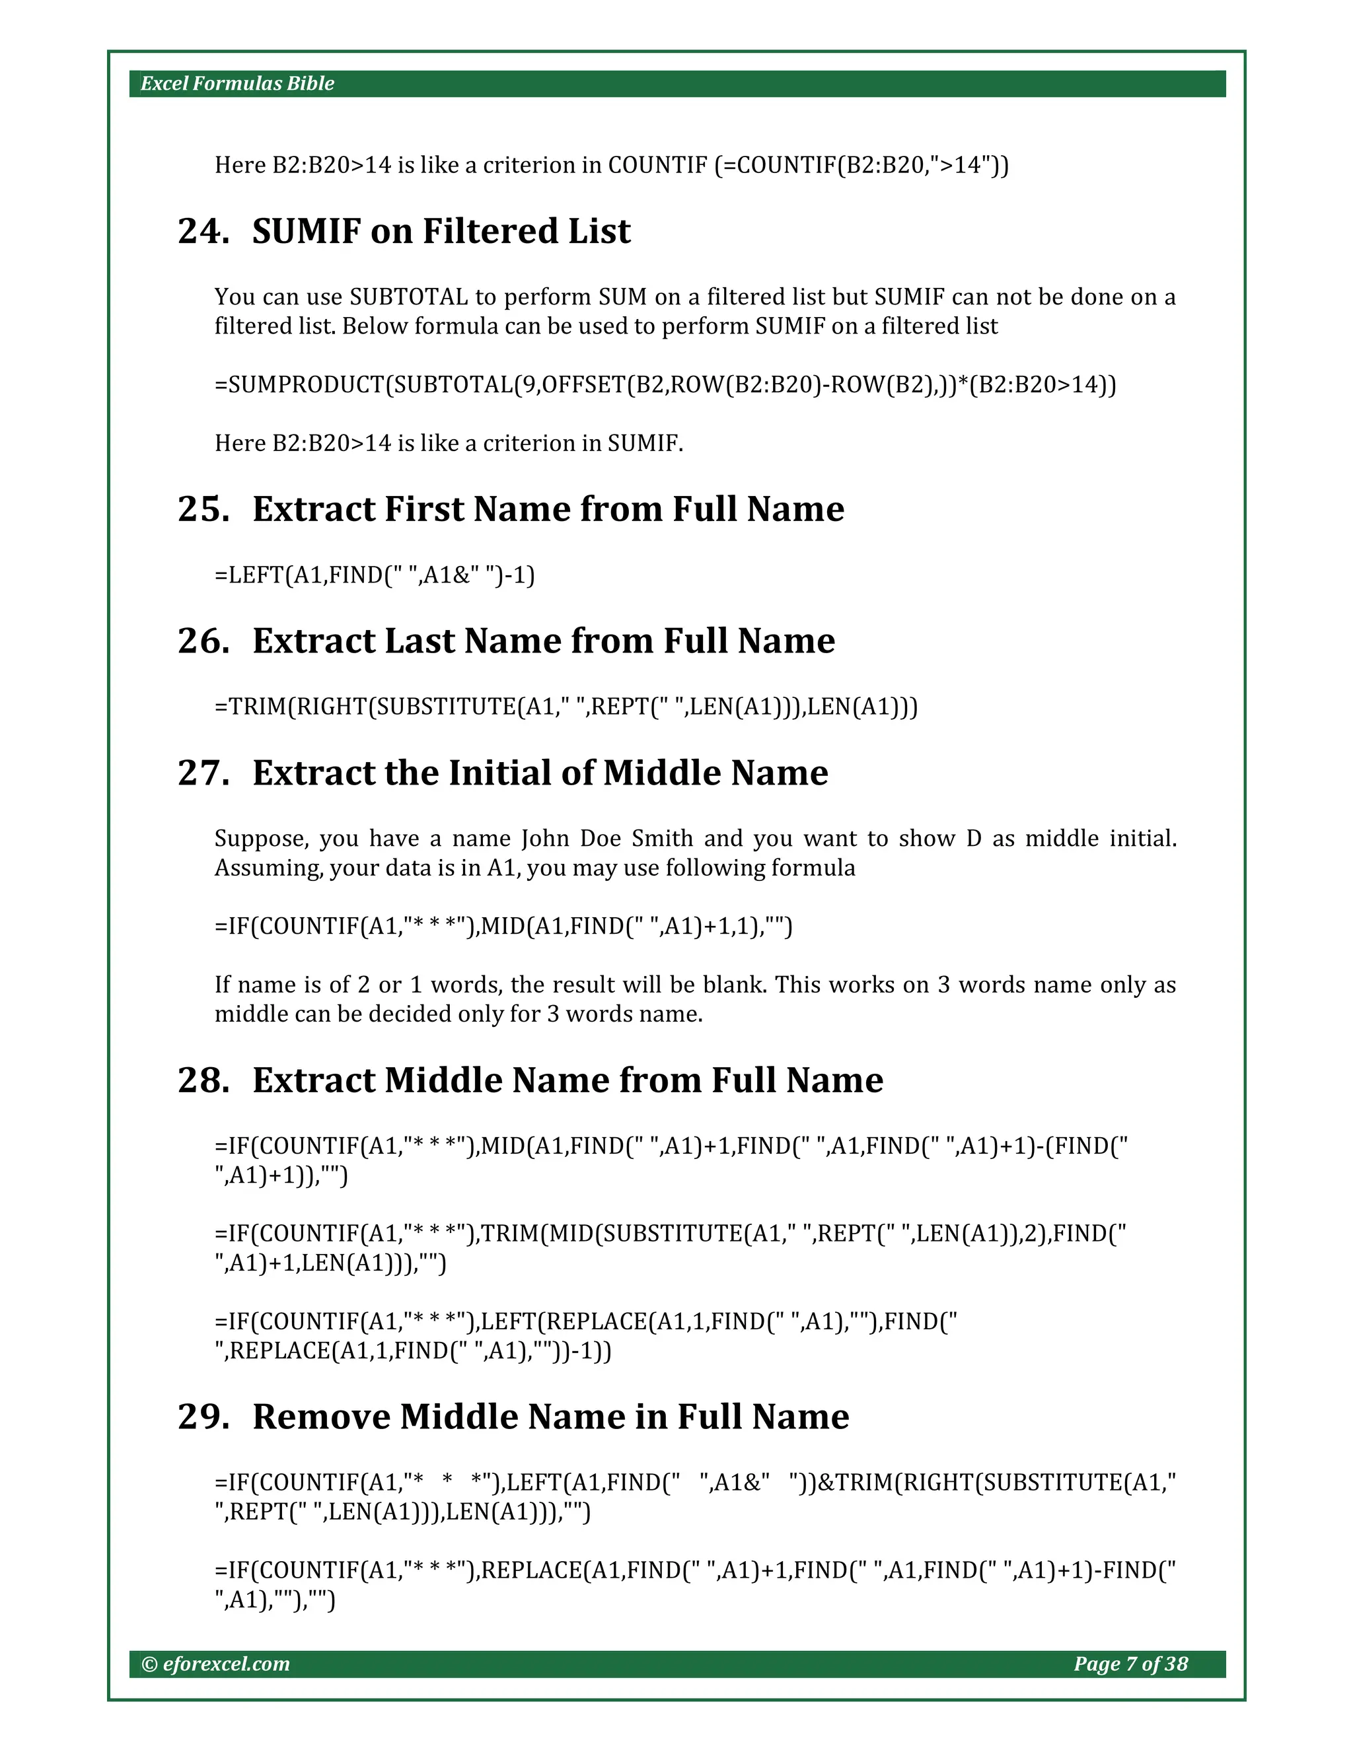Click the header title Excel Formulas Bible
pyautogui.click(x=237, y=83)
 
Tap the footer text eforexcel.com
pyautogui.click(x=225, y=1663)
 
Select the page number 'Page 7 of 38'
pyautogui.click(x=1130, y=1663)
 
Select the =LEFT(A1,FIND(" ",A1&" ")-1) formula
pyautogui.click(x=375, y=575)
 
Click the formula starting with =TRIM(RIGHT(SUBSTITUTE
pyautogui.click(x=566, y=707)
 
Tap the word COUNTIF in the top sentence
pyautogui.click(x=657, y=165)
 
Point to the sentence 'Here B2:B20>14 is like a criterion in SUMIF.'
pyautogui.click(x=449, y=443)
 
